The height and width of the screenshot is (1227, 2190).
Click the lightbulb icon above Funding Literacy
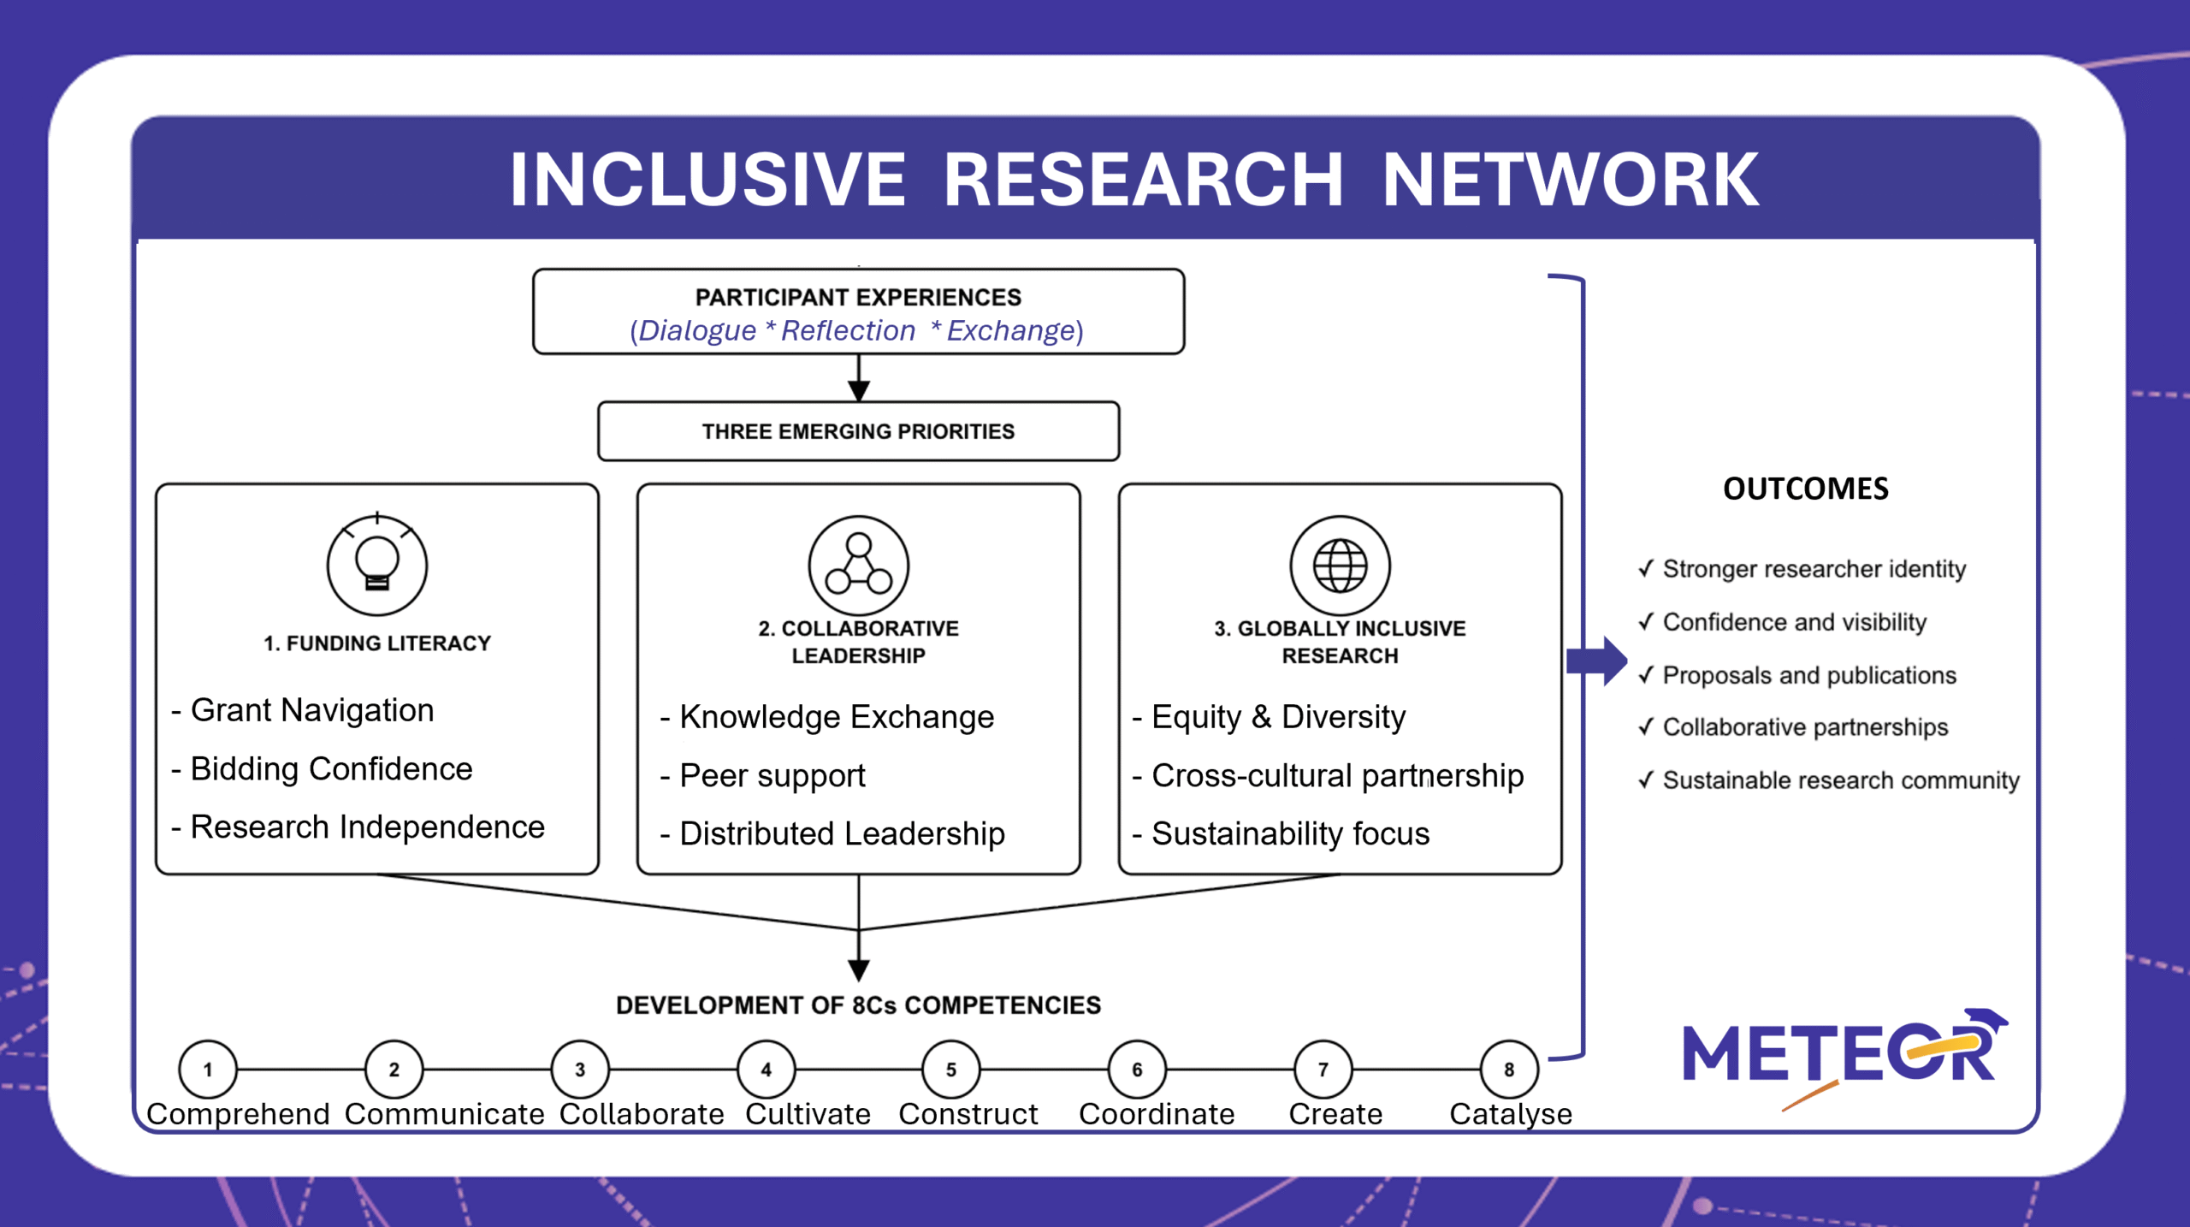[x=377, y=565]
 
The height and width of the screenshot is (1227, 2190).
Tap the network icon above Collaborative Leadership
[x=859, y=565]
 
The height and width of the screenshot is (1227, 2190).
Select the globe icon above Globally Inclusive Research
[x=1341, y=565]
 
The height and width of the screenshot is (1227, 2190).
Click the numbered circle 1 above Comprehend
[x=208, y=1069]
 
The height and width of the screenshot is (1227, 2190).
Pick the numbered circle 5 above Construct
[x=951, y=1069]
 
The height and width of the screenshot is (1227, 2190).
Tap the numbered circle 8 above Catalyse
[x=1510, y=1069]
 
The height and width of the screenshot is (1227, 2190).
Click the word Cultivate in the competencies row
[x=808, y=1114]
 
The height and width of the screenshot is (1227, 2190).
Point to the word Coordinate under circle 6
[x=1157, y=1114]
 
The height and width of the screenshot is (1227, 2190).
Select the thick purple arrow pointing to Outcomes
[x=1596, y=661]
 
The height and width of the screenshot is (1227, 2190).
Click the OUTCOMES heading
[x=1806, y=489]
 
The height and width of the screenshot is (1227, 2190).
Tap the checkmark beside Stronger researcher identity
[x=1646, y=568]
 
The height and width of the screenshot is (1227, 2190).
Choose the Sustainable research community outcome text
[x=1841, y=780]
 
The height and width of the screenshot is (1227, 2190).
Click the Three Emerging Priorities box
[x=859, y=431]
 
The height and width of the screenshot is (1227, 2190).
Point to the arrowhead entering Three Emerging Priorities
[x=859, y=391]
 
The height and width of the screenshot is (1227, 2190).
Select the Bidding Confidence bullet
[x=322, y=769]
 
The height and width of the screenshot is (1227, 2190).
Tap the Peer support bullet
[x=763, y=776]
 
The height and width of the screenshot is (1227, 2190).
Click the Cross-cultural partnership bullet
[x=1329, y=775]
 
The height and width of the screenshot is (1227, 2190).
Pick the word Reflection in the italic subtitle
[x=848, y=330]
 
